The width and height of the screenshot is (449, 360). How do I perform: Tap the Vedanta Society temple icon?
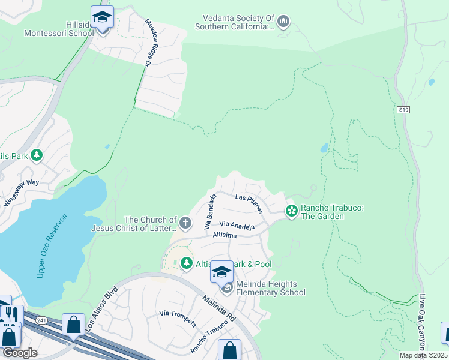[x=284, y=23]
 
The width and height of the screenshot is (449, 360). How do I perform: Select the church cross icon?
[x=185, y=224]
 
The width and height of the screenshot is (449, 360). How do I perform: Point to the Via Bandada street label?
[x=210, y=212]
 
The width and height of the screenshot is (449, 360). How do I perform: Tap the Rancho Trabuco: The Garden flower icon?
[x=291, y=211]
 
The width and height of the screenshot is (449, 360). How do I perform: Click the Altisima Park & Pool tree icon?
[x=187, y=263]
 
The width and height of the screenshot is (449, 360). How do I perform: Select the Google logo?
[x=19, y=353]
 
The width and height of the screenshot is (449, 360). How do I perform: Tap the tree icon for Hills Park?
[x=37, y=156]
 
